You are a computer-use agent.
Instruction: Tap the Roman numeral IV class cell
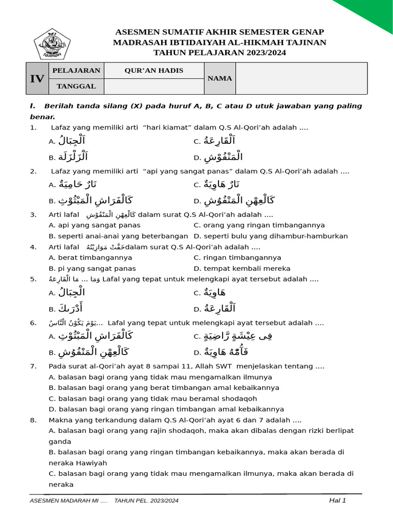(x=37, y=78)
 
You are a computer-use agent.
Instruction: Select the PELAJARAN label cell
(x=76, y=71)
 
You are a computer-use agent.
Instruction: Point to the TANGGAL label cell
(x=76, y=86)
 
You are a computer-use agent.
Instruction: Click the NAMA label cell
(x=220, y=78)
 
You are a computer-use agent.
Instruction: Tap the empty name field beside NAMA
(x=301, y=78)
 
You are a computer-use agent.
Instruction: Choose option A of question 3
(x=94, y=225)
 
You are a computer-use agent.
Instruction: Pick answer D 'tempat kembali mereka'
(x=242, y=268)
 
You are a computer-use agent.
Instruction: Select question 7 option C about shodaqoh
(x=152, y=399)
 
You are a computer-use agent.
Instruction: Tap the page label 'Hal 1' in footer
(x=337, y=500)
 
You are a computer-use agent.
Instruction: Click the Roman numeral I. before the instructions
(x=33, y=106)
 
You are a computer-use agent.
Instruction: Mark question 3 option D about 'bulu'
(x=271, y=236)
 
